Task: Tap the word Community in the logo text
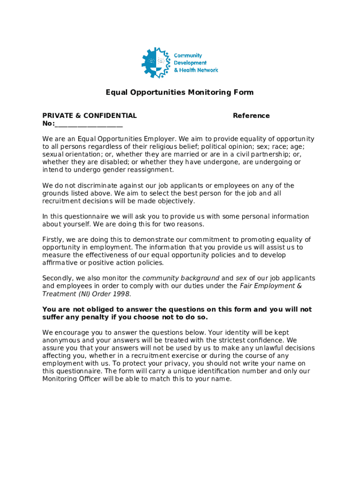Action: (188, 56)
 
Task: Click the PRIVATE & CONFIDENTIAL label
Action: (90, 116)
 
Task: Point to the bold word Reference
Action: (251, 116)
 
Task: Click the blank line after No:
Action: (89, 124)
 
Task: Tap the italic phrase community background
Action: (180, 278)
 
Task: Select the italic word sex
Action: (241, 278)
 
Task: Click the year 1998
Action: (121, 294)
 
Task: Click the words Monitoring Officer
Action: (70, 379)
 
